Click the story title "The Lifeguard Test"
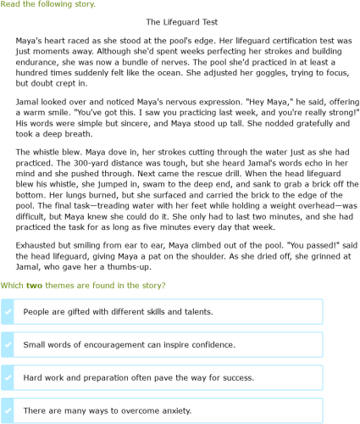[180, 22]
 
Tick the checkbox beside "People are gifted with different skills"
[8, 312]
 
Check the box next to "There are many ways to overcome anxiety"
[8, 410]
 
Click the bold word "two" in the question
[34, 286]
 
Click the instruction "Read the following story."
[48, 4]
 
